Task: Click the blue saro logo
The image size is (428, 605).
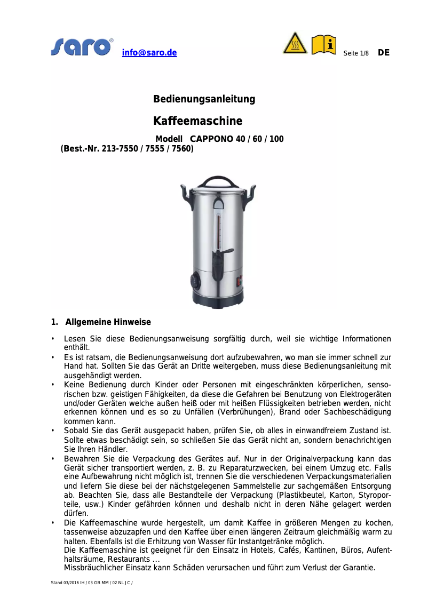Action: pyautogui.click(x=82, y=47)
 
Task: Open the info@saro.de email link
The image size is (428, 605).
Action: pyautogui.click(x=149, y=53)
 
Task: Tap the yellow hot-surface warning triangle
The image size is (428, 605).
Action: pyautogui.click(x=295, y=43)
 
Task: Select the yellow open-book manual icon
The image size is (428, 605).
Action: pyautogui.click(x=324, y=44)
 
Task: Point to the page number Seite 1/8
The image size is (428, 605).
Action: pyautogui.click(x=355, y=53)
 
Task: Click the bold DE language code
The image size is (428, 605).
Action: pyautogui.click(x=383, y=53)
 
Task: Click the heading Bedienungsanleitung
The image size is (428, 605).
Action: pyautogui.click(x=204, y=99)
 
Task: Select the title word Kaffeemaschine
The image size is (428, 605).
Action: pyautogui.click(x=198, y=121)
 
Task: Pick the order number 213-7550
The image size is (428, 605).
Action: pyautogui.click(x=120, y=149)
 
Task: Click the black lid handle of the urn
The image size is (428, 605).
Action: pyautogui.click(x=218, y=180)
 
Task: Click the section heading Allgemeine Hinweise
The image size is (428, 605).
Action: pyautogui.click(x=108, y=322)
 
